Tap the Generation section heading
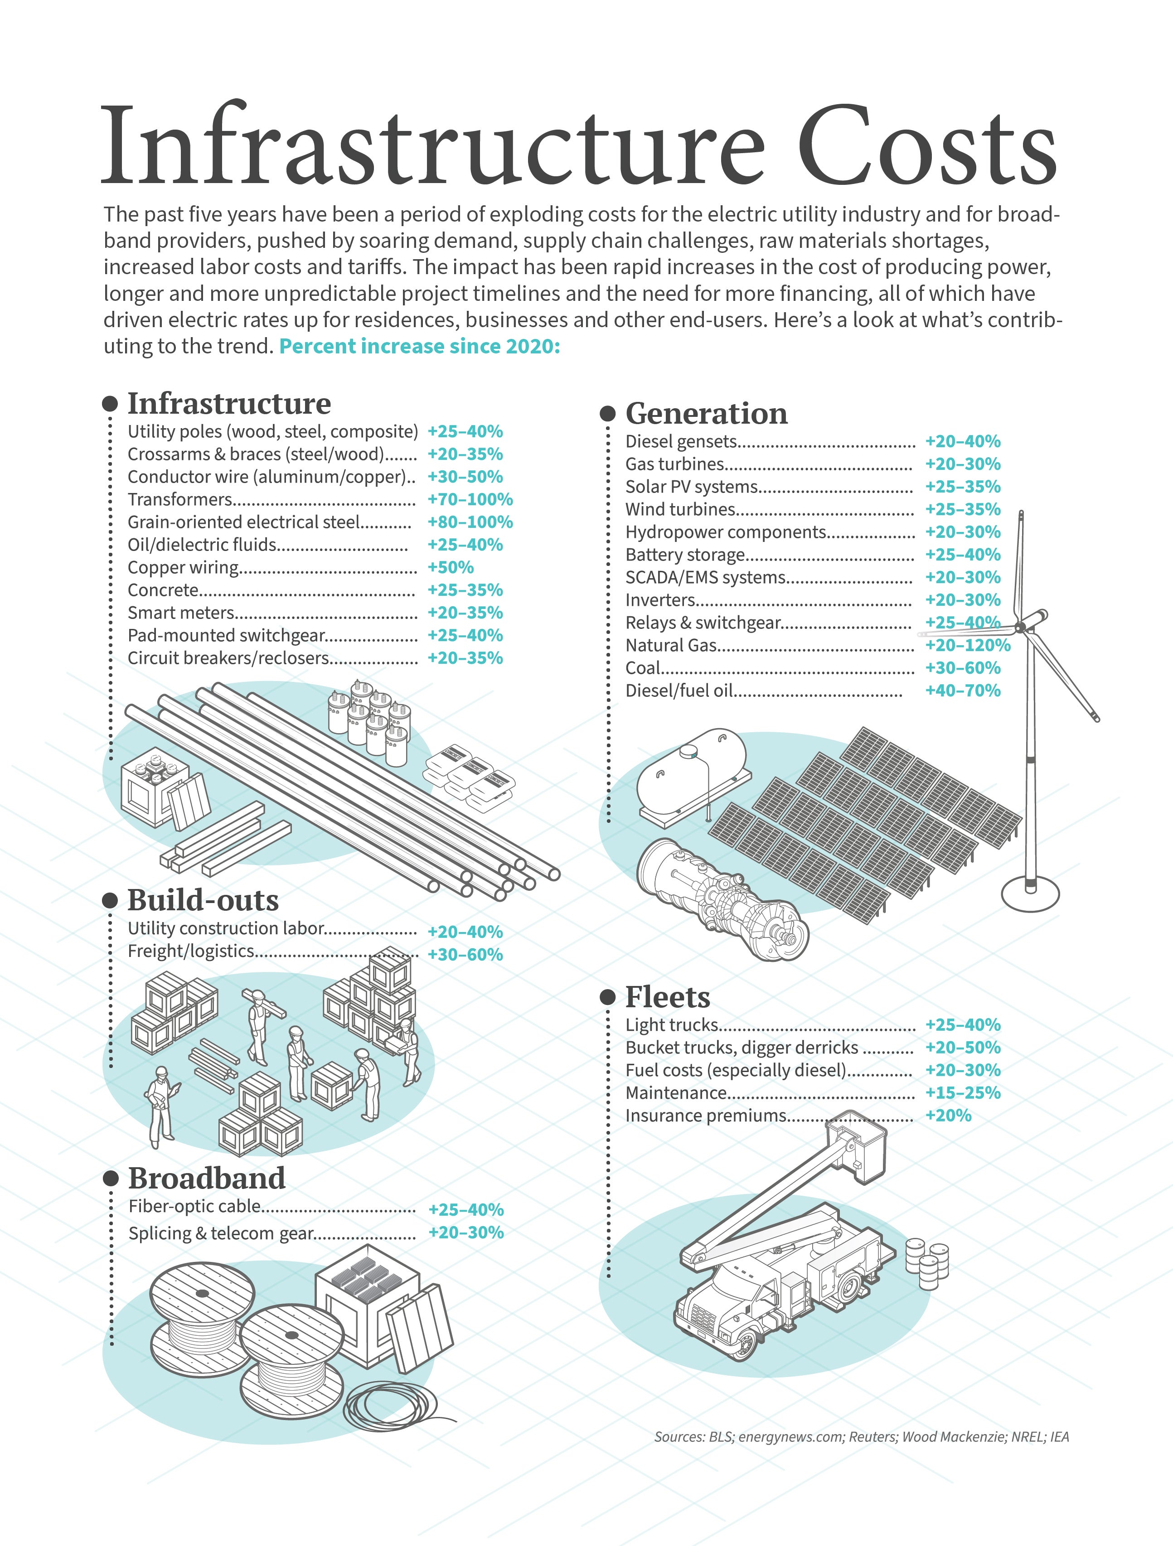click(x=706, y=413)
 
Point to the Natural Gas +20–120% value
click(x=968, y=645)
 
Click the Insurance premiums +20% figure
click(x=948, y=1116)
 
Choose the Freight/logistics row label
click(x=190, y=951)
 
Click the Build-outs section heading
click(x=203, y=900)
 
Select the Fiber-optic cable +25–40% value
click(x=465, y=1210)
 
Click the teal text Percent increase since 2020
click(x=419, y=346)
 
